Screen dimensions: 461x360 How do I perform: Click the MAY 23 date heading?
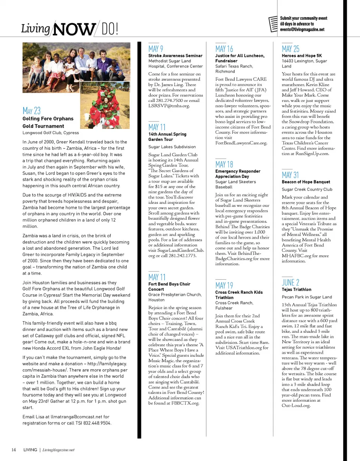click(31, 111)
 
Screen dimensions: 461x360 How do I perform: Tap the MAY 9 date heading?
click(156, 49)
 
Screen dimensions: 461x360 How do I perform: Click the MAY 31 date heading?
click(291, 175)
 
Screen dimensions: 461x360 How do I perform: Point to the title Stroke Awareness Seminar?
click(175, 56)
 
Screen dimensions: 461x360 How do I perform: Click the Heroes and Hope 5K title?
click(302, 56)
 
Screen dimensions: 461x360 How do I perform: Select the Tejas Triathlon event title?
click(297, 290)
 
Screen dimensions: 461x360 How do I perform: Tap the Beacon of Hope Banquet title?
click(306, 182)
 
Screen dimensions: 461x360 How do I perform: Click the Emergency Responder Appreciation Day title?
click(238, 174)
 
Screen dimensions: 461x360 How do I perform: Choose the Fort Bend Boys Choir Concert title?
click(169, 287)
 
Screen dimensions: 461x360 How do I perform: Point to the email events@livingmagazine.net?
click(302, 29)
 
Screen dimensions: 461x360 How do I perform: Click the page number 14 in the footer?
click(13, 450)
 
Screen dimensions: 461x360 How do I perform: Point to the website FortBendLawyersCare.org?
click(241, 143)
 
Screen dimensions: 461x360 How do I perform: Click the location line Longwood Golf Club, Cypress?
click(51, 133)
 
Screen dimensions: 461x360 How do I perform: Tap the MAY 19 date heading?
click(224, 286)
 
